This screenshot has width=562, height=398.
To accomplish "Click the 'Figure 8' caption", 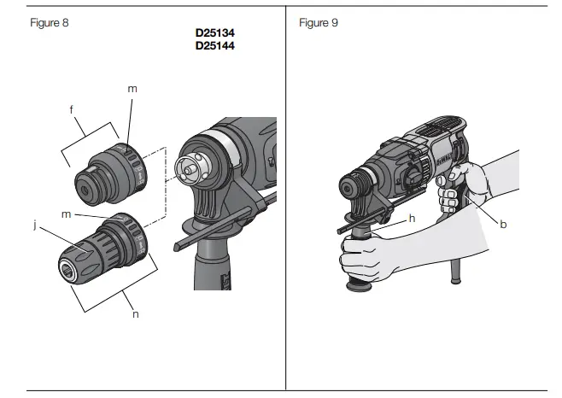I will pyautogui.click(x=49, y=22).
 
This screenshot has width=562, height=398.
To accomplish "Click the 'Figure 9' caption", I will pyautogui.click(x=319, y=22).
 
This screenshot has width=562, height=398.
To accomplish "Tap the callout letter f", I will pyautogui.click(x=72, y=108).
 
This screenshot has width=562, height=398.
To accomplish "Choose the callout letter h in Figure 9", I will pyautogui.click(x=413, y=218).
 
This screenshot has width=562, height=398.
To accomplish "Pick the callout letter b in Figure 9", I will pyautogui.click(x=503, y=224).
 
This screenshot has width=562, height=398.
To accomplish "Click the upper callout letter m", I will pyautogui.click(x=132, y=88).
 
